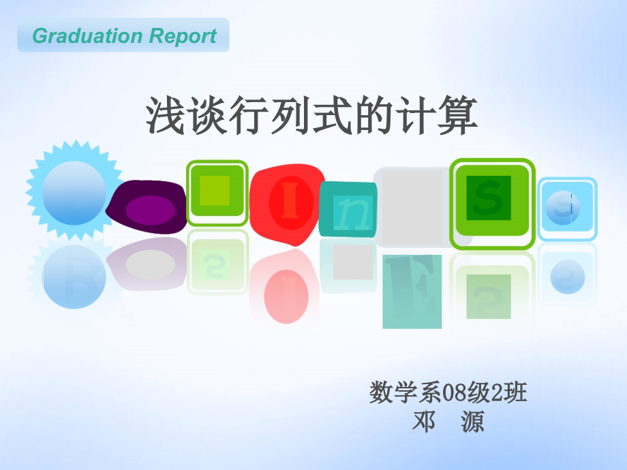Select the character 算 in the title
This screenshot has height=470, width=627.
click(461, 115)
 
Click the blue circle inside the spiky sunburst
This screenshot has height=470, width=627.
click(74, 193)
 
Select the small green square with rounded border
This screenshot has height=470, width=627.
click(217, 192)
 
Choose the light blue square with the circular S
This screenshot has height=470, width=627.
click(567, 208)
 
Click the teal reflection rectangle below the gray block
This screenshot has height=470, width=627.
click(412, 291)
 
